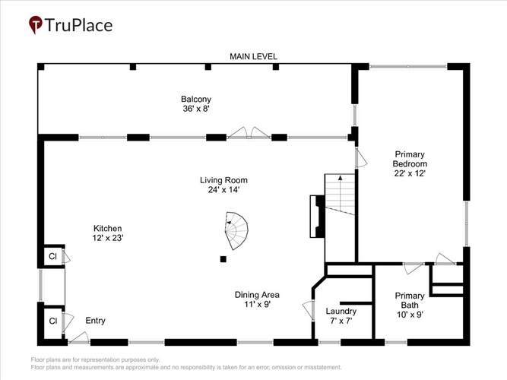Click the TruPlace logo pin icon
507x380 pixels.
pos(36,24)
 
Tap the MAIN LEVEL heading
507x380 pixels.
pos(253,56)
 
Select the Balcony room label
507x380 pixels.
pos(196,99)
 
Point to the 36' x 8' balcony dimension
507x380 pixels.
pos(197,109)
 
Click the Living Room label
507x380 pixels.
pos(223,180)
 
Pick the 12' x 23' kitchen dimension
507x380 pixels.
pos(108,238)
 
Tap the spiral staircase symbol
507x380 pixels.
pos(236,230)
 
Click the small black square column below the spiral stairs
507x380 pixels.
pos(223,258)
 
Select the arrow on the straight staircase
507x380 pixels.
pos(341,193)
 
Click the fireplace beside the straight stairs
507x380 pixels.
pos(317,217)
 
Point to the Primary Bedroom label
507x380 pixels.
pos(410,159)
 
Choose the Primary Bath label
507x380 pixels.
pos(410,300)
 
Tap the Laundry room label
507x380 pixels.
pos(341,311)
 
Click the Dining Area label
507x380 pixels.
pos(257,295)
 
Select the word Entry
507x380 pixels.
pos(95,321)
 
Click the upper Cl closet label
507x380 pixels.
pos(52,256)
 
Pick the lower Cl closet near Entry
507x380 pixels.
pos(53,321)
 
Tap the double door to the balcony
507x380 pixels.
pos(249,132)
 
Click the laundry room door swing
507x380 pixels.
pos(308,311)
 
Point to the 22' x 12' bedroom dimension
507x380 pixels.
pos(410,173)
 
